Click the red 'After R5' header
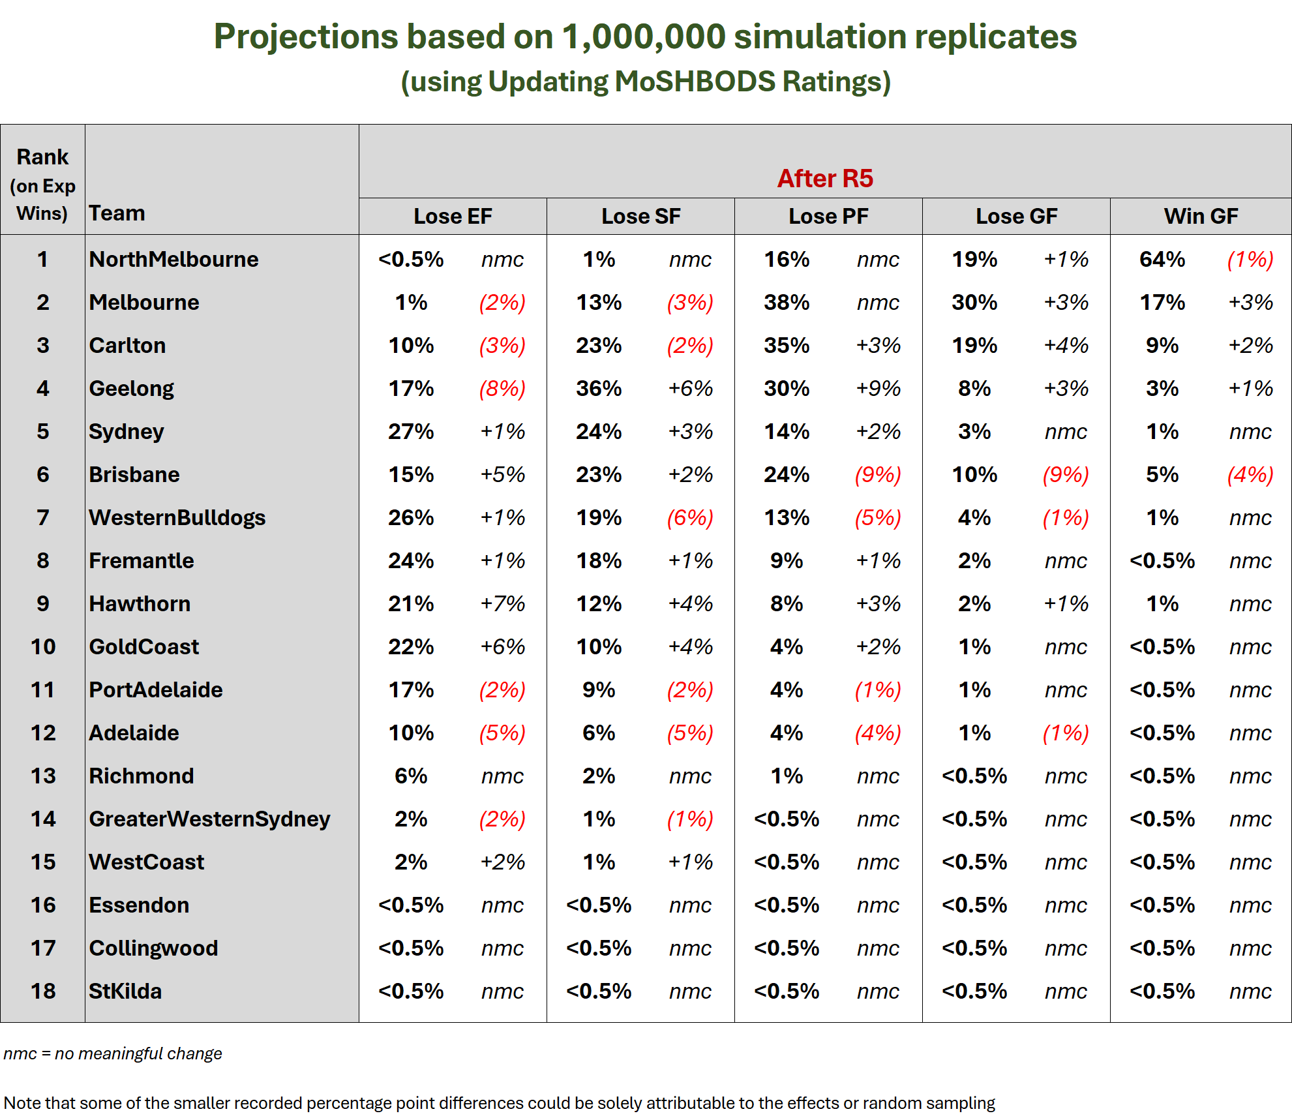(825, 178)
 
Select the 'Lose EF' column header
(453, 216)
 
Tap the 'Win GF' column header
(1201, 216)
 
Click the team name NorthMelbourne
(173, 259)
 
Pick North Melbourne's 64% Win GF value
(1162, 259)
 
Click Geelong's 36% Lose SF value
(599, 388)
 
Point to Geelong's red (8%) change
(502, 388)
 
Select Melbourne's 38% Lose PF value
(787, 302)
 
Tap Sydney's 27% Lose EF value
(411, 431)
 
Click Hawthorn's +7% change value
(502, 603)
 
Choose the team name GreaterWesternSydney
(209, 819)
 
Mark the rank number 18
(43, 991)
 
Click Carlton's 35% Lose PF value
(787, 345)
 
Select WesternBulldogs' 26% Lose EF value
(411, 517)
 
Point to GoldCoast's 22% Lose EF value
(411, 646)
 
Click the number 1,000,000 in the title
(644, 37)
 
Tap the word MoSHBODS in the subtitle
(695, 82)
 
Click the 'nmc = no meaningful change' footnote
(113, 1053)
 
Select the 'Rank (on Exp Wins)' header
(42, 185)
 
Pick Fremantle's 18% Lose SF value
(599, 560)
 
